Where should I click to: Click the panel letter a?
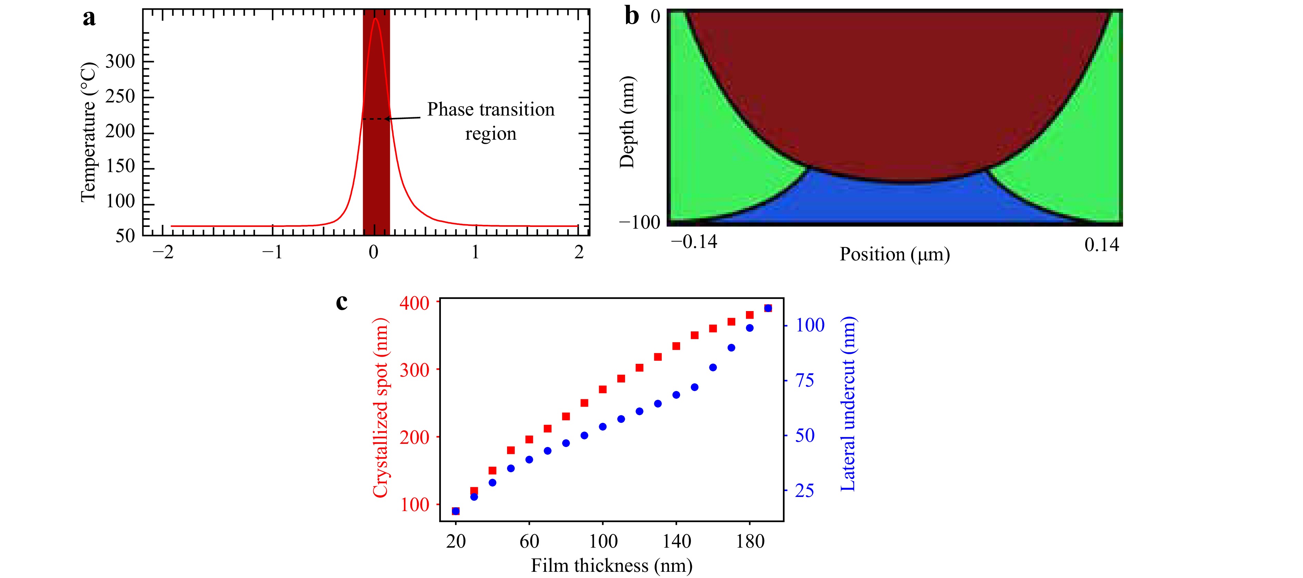pyautogui.click(x=89, y=18)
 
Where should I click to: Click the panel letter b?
pyautogui.click(x=632, y=16)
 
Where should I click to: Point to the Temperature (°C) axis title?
pyautogui.click(x=88, y=132)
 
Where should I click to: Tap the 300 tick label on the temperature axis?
pyautogui.click(x=120, y=62)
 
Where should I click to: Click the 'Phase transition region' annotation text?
pyautogui.click(x=491, y=121)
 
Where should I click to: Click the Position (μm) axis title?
pyautogui.click(x=894, y=254)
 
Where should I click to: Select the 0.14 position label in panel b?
pyautogui.click(x=1102, y=245)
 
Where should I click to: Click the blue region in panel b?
pyautogui.click(x=895, y=202)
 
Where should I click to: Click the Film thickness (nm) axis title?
pyautogui.click(x=612, y=565)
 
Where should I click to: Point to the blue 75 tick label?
pyautogui.click(x=805, y=380)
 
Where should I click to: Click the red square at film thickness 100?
pyautogui.click(x=603, y=389)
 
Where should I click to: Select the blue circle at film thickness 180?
pyautogui.click(x=750, y=328)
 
